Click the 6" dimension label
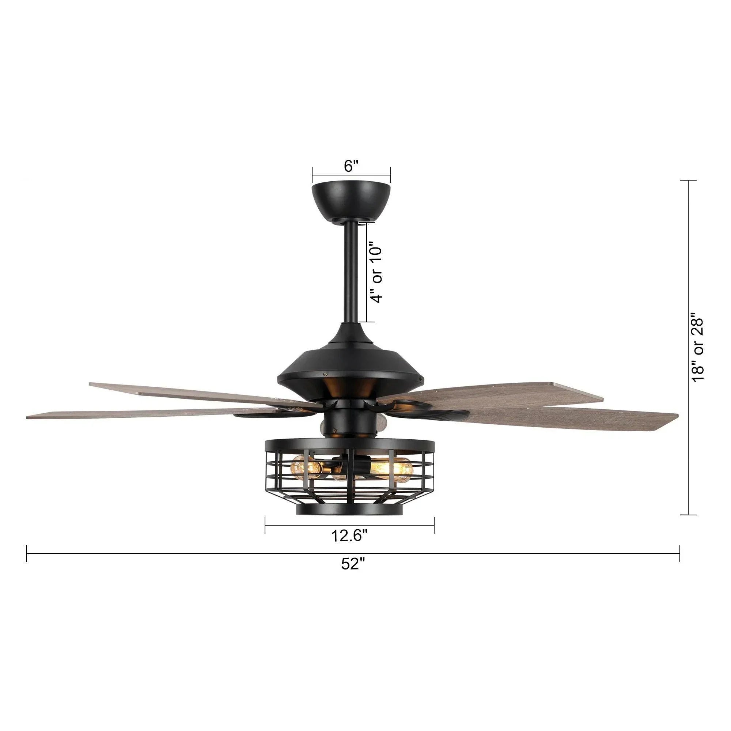tap(351, 166)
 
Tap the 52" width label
tap(353, 575)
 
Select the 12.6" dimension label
tap(349, 536)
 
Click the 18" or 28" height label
tap(697, 347)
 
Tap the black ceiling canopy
tap(351, 200)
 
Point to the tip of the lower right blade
tap(675, 416)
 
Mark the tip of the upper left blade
tap(91, 385)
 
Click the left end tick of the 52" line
tap(26, 553)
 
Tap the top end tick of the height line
tap(688, 181)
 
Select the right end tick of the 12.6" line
tap(434, 525)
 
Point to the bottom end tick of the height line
tap(688, 515)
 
